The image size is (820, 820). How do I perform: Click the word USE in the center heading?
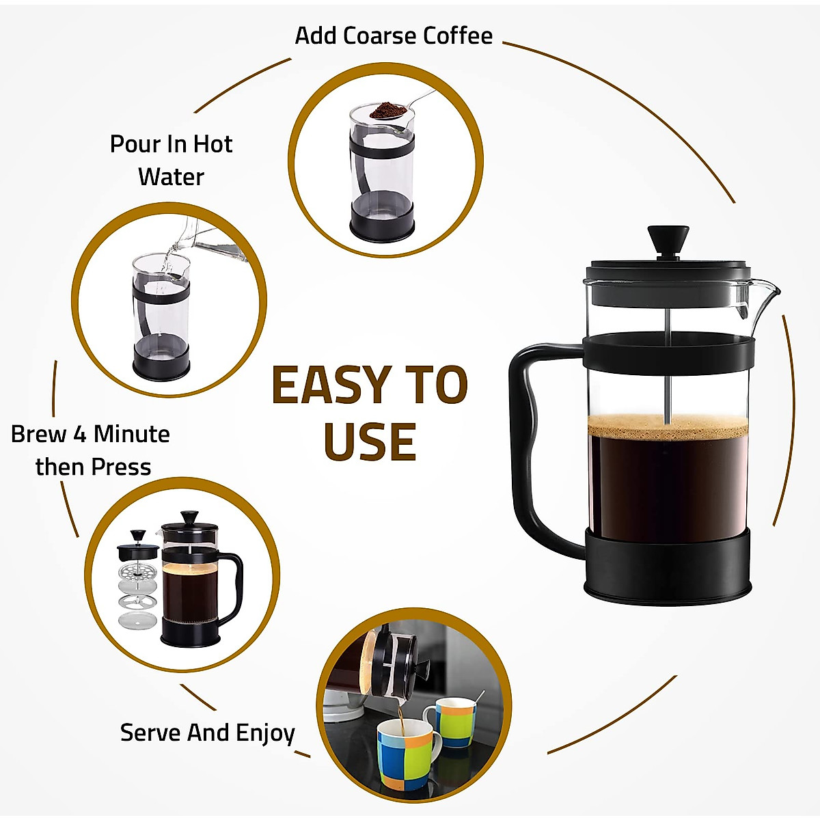(x=370, y=442)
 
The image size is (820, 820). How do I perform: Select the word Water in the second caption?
(x=171, y=177)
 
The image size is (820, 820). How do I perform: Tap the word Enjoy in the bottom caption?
(x=265, y=733)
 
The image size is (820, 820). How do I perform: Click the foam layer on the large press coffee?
(x=668, y=426)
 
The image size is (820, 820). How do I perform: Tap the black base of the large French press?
(x=668, y=567)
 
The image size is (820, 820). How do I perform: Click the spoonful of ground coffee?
(x=388, y=110)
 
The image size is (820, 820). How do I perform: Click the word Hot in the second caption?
(x=213, y=144)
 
